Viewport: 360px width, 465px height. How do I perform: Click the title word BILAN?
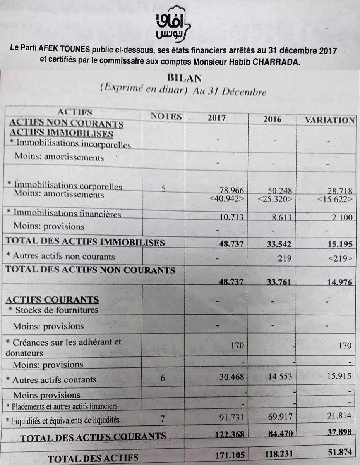[x=184, y=78]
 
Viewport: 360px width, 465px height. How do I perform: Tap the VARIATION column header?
[x=330, y=120]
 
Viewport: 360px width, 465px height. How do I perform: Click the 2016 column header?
[x=273, y=119]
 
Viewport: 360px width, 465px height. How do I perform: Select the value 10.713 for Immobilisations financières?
[x=231, y=217]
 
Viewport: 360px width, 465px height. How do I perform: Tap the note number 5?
[x=163, y=189]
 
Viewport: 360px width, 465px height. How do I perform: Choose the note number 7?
[x=163, y=418]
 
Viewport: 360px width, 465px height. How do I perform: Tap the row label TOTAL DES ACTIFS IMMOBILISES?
[x=85, y=243]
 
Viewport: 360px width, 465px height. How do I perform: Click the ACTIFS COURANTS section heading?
[x=52, y=300]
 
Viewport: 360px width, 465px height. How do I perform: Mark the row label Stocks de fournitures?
[x=57, y=310]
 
